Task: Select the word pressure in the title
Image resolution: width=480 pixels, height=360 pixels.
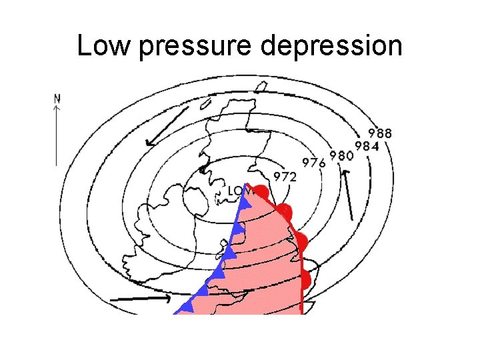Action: [194, 47]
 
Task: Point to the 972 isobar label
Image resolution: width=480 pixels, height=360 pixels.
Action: [285, 176]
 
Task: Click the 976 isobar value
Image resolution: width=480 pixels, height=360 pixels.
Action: [314, 161]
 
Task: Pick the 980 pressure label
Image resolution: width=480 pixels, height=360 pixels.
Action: [341, 155]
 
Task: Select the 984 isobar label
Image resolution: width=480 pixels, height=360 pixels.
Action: [367, 145]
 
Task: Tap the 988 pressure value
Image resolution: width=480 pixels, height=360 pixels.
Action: [380, 132]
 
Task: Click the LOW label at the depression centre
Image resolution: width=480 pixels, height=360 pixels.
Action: [237, 191]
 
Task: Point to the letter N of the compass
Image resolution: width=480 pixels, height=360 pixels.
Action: [57, 96]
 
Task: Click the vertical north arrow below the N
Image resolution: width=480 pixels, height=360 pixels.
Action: [57, 133]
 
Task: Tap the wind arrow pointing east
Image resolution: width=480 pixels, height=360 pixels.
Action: [139, 299]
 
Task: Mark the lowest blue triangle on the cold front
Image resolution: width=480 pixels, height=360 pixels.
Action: [187, 306]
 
